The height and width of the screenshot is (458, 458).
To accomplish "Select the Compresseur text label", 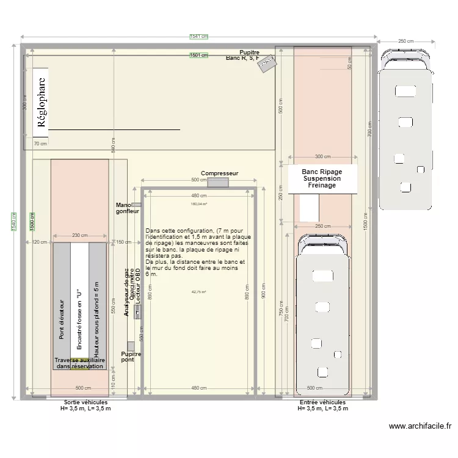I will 219,174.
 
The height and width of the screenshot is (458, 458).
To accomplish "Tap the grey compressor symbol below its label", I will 218,182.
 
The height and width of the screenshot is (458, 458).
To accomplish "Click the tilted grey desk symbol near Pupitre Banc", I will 267,64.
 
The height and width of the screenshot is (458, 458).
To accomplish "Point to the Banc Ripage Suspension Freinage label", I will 322,178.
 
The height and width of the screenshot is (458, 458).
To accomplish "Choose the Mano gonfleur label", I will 128,208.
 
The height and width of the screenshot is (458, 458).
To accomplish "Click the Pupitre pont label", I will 131,357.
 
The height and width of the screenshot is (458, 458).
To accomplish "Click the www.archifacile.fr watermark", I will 420,427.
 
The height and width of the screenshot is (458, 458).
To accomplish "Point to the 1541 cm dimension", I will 198,37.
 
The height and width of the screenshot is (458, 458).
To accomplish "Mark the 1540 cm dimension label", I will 13,222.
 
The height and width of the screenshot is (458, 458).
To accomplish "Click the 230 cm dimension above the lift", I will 80,236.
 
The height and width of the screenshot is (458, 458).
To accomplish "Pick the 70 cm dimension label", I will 40,144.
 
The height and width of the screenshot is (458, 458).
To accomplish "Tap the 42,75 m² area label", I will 198,292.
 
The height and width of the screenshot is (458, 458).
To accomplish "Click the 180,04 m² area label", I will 198,205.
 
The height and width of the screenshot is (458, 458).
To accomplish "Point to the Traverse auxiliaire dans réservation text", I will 79,363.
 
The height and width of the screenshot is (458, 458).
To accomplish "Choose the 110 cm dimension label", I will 114,378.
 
